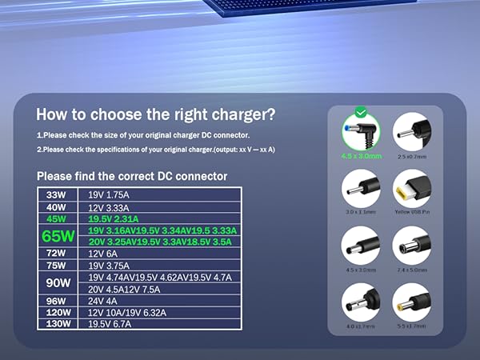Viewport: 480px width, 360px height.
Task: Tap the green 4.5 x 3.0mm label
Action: pos(359,156)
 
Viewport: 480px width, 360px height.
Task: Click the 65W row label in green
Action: pos(57,236)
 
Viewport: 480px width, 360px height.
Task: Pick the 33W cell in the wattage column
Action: pos(57,194)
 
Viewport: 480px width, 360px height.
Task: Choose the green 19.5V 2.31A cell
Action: pos(114,218)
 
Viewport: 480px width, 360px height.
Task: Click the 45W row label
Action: pos(57,218)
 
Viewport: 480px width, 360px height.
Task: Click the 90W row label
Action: pos(57,283)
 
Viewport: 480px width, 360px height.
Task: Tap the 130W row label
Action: pos(57,325)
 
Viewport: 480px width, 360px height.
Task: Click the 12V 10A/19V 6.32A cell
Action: pos(128,313)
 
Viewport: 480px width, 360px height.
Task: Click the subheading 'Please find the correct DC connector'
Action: pos(132,176)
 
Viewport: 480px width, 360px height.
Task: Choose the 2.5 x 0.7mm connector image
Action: pos(411,130)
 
